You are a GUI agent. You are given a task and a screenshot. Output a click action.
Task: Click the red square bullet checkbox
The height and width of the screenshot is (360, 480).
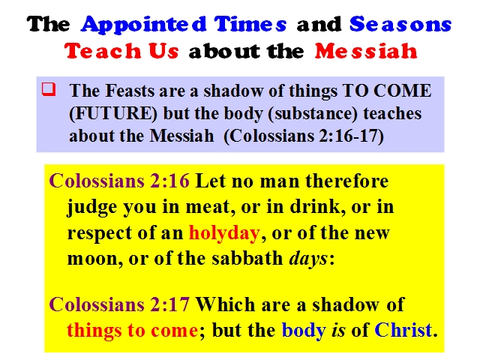pyautogui.click(x=49, y=89)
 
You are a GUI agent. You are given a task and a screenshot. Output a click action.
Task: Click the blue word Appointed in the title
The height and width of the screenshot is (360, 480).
pyautogui.click(x=143, y=25)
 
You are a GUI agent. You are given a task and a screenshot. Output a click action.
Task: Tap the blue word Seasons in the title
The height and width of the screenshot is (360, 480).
pyautogui.click(x=400, y=24)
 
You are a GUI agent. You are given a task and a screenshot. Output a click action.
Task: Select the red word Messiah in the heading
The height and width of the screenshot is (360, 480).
pyautogui.click(x=366, y=50)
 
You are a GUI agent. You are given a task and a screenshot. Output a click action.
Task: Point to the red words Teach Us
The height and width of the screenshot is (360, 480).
pyautogui.click(x=121, y=50)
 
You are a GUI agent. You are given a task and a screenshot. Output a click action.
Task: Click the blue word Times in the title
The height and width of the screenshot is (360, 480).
pyautogui.click(x=250, y=24)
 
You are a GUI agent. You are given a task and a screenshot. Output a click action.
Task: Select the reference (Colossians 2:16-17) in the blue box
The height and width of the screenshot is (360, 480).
pyautogui.click(x=304, y=136)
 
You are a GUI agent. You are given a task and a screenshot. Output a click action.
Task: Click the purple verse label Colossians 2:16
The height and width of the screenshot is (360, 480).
pyautogui.click(x=119, y=181)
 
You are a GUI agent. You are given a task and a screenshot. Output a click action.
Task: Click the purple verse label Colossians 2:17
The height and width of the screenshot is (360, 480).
pyautogui.click(x=119, y=304)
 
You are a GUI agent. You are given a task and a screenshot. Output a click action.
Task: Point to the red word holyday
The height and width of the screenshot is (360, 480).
pyautogui.click(x=224, y=233)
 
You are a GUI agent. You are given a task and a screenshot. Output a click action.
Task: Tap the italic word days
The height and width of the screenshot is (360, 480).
pyautogui.click(x=308, y=259)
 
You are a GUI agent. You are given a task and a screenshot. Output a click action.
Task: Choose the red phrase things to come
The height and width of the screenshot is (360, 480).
pyautogui.click(x=132, y=331)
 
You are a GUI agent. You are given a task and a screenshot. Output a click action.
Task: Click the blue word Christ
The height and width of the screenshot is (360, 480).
pyautogui.click(x=403, y=330)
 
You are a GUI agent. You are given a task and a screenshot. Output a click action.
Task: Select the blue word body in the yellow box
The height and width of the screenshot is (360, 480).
pyautogui.click(x=303, y=331)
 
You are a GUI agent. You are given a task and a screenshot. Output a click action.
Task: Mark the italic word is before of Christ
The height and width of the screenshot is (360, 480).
pyautogui.click(x=338, y=330)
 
